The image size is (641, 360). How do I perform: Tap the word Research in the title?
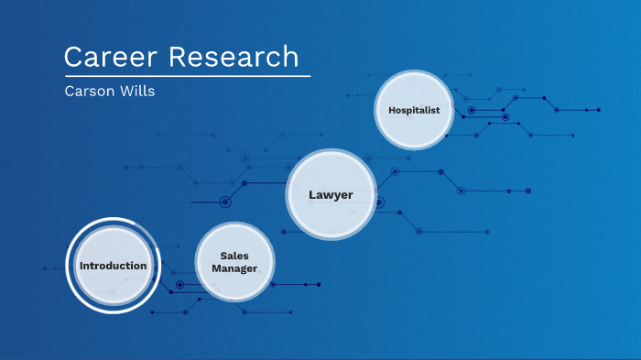point(234,57)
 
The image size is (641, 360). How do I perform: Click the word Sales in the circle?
point(234,256)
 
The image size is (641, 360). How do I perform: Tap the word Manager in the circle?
point(234,268)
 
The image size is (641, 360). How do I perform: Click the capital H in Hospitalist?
point(392,110)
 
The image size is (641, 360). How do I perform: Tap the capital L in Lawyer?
point(312,194)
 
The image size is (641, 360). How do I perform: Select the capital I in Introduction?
point(81,266)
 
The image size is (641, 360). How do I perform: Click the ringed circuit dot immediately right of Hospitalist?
point(472,110)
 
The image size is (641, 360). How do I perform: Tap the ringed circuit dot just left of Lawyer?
point(225,201)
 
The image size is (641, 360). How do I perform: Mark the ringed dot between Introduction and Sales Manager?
point(180,285)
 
